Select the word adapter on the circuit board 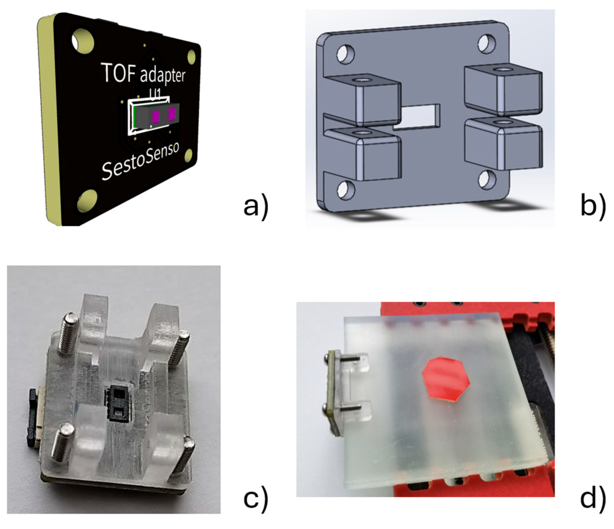pos(163,75)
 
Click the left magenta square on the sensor pos(156,117)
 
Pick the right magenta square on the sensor pos(172,114)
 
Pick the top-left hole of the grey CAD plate pos(346,54)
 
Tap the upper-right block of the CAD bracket pos(502,91)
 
